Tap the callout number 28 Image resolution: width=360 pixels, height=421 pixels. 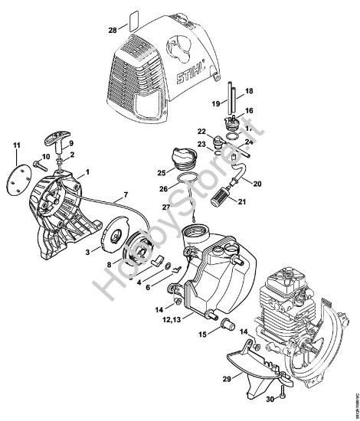click(x=113, y=31)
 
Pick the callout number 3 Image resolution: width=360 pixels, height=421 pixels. click(x=87, y=250)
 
